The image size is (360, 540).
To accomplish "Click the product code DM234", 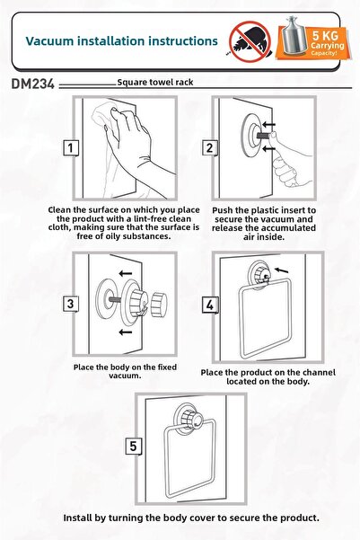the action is [33, 84].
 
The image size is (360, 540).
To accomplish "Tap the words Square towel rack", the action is [155, 83].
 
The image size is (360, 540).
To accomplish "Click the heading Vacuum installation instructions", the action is [122, 41].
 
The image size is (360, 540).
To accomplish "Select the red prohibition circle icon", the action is [250, 41].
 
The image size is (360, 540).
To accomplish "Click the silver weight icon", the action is [294, 36].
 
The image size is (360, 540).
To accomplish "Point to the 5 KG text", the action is [325, 35].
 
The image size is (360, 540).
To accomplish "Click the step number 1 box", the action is [71, 148].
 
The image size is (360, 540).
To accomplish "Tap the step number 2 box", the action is [209, 148].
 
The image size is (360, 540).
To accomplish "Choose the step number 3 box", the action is [71, 304].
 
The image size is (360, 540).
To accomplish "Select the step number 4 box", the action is [210, 305].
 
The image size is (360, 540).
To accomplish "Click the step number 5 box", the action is [133, 447].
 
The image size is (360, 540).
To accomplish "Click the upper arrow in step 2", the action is [268, 124].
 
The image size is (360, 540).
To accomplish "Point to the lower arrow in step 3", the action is [126, 332].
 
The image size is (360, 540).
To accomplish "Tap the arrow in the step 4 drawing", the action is [282, 270].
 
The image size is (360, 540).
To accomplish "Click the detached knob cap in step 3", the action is [159, 304].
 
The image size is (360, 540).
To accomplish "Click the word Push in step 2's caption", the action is [223, 210].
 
